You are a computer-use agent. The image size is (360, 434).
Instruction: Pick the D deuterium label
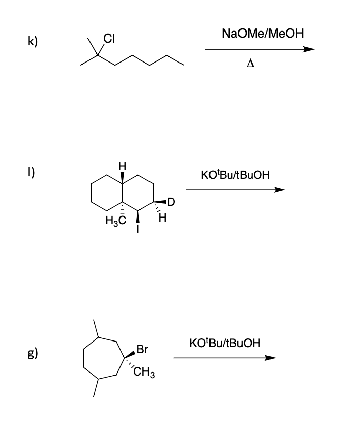point(171,202)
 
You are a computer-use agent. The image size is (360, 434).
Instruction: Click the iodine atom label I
point(138,230)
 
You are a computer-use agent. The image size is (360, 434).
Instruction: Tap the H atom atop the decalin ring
point(121,166)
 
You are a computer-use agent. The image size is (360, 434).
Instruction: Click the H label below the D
point(163,219)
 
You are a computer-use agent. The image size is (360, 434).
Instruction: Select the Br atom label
point(142,350)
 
